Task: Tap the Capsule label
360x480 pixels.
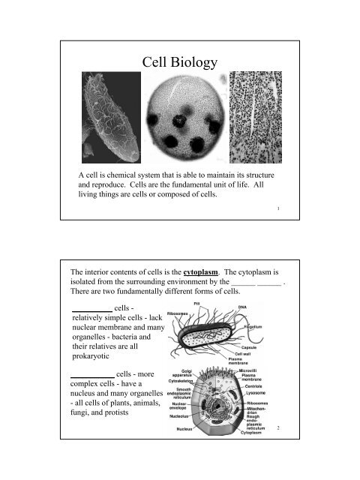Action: [x=245, y=347]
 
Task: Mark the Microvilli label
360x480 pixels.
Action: [x=256, y=370]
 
